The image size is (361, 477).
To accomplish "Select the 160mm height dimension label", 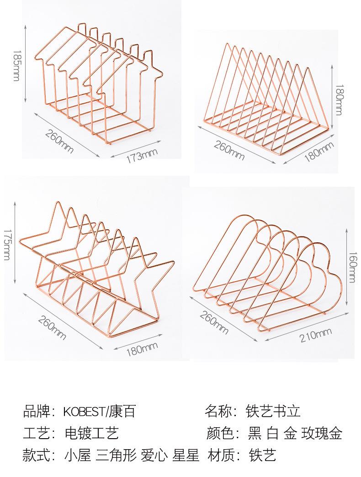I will click(x=352, y=267).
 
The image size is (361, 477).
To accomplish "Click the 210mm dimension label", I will click(x=315, y=336).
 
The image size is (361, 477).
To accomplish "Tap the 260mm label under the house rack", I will click(x=59, y=140).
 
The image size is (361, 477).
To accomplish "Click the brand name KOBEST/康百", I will click(x=100, y=412).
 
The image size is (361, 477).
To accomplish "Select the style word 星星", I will click(x=186, y=455).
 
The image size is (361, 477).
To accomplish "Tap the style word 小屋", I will click(x=77, y=455).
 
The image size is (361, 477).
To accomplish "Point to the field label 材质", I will click(x=220, y=455).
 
